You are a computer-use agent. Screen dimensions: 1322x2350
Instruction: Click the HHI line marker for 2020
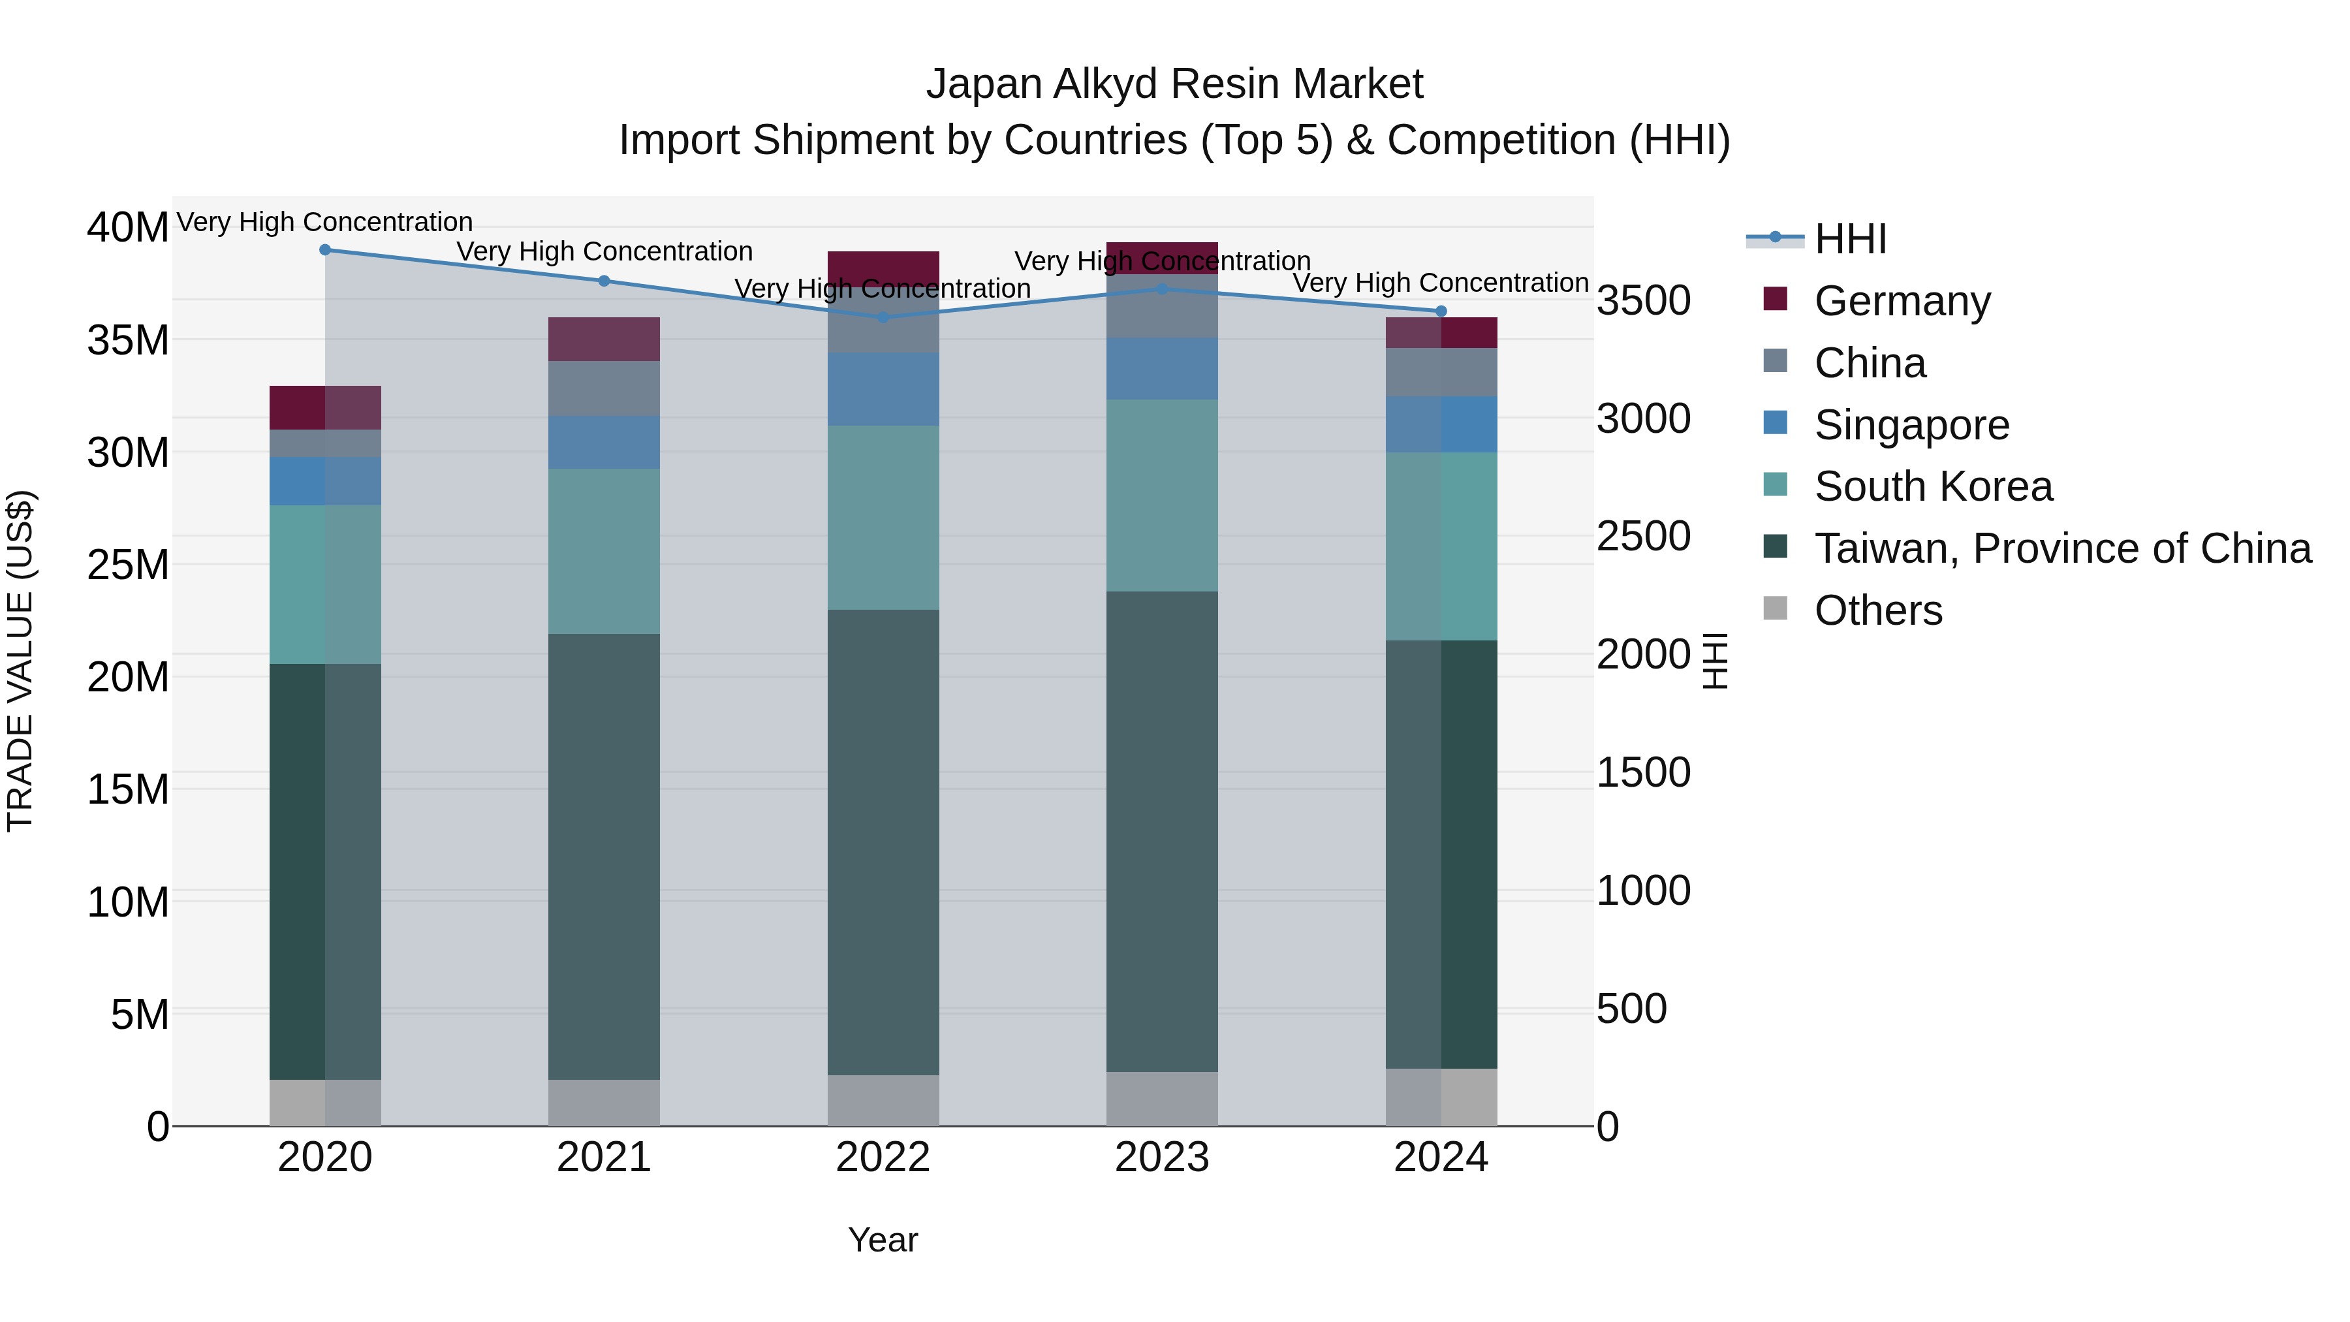tap(325, 250)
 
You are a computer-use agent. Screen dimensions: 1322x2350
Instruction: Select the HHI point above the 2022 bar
tap(882, 317)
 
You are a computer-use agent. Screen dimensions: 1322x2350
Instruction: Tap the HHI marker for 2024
tap(1441, 311)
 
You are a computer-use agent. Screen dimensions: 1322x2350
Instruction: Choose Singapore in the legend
tap(1911, 425)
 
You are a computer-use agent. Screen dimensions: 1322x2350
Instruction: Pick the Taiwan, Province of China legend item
tap(2061, 548)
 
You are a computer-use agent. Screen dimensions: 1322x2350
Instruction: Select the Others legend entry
tap(1877, 610)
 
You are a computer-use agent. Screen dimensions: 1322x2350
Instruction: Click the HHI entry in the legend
tap(1849, 239)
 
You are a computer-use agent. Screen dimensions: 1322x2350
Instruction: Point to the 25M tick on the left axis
tap(128, 565)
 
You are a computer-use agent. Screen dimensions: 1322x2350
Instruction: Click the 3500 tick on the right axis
tap(1643, 301)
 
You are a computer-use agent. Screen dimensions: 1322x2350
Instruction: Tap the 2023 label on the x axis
tap(1161, 1157)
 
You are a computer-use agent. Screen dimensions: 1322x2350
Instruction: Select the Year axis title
tap(882, 1240)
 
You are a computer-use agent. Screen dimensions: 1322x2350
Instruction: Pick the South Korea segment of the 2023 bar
tap(1161, 496)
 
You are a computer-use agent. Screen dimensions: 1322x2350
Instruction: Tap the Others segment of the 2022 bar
tap(882, 1100)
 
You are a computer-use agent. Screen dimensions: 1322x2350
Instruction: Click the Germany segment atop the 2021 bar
tap(603, 339)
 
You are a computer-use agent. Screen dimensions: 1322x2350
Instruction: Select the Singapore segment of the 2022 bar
tap(882, 390)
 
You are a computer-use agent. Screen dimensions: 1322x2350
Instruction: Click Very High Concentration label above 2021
tap(604, 252)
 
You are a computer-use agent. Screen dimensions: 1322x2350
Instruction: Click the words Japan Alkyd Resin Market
tap(1174, 84)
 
